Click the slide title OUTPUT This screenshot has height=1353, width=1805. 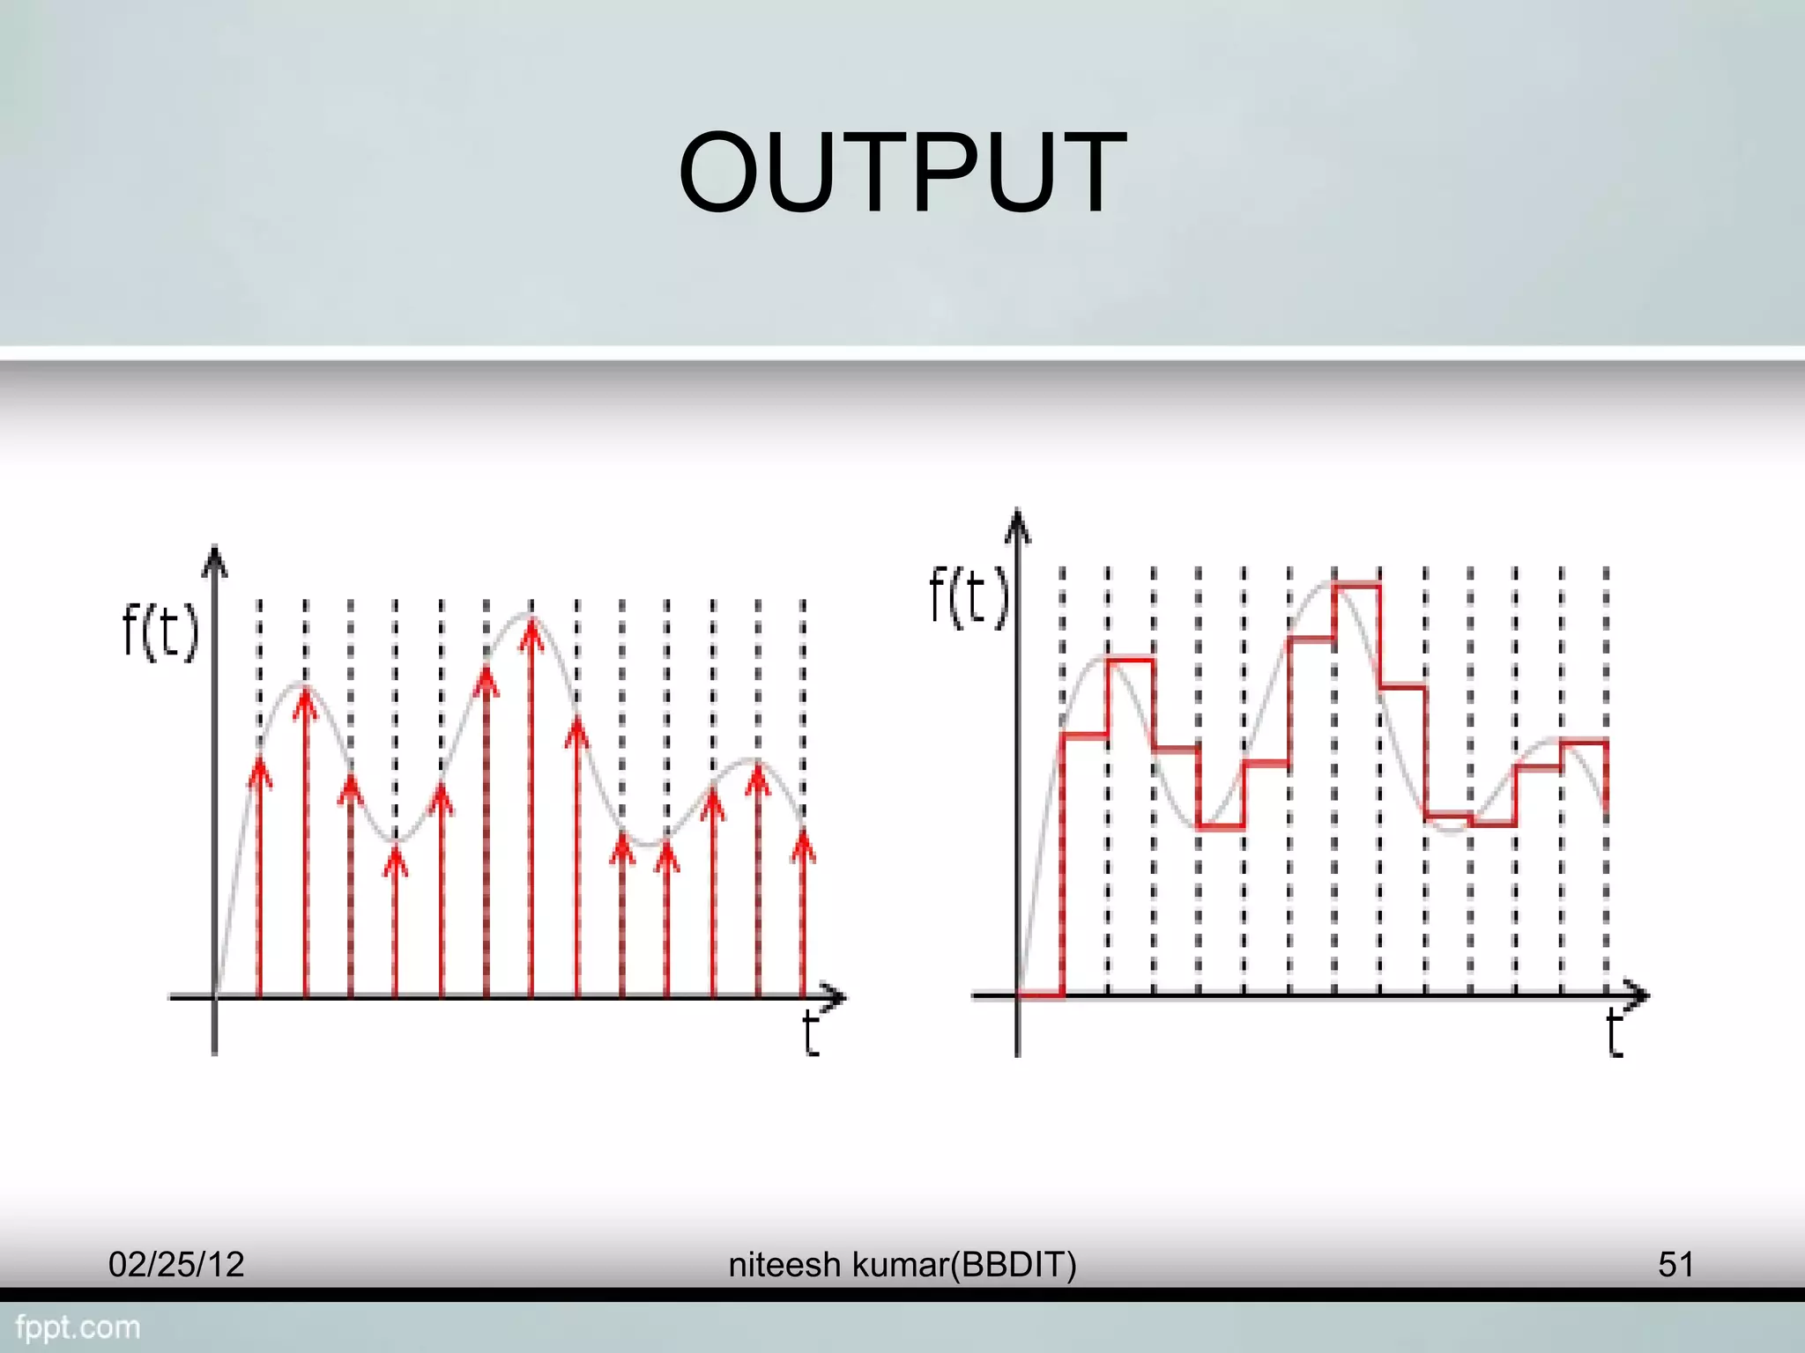[902, 172]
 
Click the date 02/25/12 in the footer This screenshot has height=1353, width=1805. [176, 1265]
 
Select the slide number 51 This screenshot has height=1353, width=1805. [1675, 1265]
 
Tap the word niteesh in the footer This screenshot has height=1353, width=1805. [784, 1265]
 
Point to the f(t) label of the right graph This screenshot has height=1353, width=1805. [968, 596]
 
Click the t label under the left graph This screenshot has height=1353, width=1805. [811, 1034]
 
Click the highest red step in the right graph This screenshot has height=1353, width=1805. [1357, 584]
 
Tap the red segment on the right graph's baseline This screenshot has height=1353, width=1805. [1041, 996]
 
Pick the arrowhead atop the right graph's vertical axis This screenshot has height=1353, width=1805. [1018, 521]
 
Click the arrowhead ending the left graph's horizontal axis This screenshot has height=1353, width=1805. [837, 997]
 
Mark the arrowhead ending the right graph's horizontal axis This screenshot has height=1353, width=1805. [1640, 996]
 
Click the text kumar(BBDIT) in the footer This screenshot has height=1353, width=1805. [964, 1265]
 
